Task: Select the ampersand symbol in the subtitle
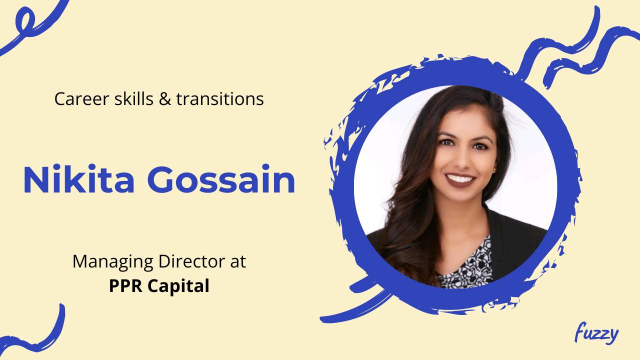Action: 164,99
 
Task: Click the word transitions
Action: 220,99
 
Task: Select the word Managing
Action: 112,261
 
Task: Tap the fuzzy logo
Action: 596,333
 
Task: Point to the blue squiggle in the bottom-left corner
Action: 35,332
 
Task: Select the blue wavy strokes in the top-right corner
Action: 575,47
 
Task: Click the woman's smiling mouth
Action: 459,178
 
